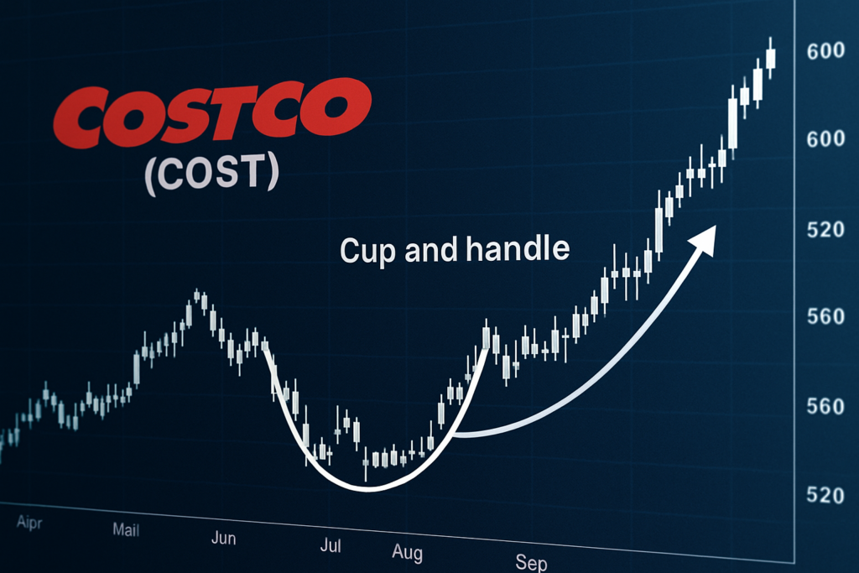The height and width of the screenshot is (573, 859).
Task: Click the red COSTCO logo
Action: coord(211,114)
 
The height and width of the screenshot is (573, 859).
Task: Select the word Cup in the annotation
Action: coord(369,250)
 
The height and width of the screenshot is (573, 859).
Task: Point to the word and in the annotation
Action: coord(434,250)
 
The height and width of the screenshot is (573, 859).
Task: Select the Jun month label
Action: coord(223,539)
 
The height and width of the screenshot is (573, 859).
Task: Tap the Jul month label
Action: coord(331,547)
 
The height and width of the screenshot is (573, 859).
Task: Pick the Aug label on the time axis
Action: coord(407,553)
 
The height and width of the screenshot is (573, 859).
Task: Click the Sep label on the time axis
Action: coord(531,562)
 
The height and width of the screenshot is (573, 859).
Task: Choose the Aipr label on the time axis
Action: coord(29,522)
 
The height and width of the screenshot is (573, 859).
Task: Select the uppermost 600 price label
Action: coord(824,51)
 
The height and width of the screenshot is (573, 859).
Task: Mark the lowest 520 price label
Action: coord(824,494)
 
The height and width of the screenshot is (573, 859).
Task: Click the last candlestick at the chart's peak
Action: coord(770,57)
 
